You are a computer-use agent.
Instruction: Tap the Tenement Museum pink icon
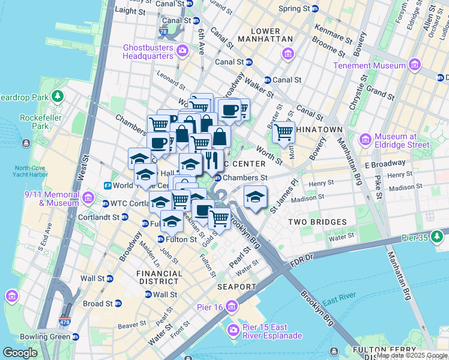(x=414, y=65)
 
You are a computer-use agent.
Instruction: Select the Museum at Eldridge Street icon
(x=365, y=140)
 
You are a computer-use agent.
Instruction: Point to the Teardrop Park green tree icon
(x=58, y=96)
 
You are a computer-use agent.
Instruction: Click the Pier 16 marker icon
(x=232, y=307)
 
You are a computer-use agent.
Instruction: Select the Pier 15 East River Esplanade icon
(x=233, y=330)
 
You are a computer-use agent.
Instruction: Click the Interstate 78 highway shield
(x=180, y=36)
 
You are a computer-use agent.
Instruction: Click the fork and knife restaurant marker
(x=211, y=160)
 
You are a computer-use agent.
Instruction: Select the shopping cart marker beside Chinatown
(x=283, y=132)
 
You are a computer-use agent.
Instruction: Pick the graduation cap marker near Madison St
(x=255, y=196)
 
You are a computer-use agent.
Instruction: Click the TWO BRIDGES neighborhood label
(x=318, y=222)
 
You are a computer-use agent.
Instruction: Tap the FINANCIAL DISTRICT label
(x=159, y=277)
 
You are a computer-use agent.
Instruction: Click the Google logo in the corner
(x=20, y=353)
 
